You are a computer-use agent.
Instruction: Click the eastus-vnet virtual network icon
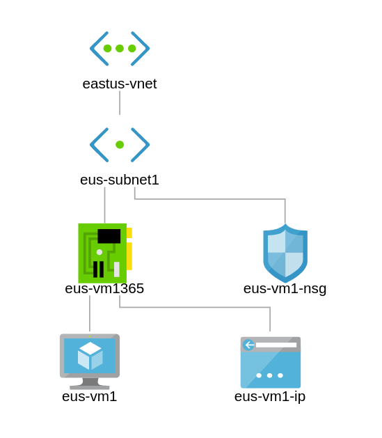click(120, 49)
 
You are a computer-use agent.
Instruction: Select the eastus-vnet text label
click(120, 84)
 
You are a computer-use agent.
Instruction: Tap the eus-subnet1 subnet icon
click(120, 145)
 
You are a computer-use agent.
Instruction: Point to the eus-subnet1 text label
click(120, 180)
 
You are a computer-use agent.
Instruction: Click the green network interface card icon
click(105, 253)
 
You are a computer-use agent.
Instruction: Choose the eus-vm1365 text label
click(104, 288)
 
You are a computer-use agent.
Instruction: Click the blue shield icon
click(285, 253)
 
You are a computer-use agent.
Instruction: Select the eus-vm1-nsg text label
click(285, 289)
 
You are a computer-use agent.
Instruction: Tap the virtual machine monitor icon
click(90, 361)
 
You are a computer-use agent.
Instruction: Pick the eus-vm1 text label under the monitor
click(89, 397)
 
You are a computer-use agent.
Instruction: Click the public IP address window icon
click(271, 362)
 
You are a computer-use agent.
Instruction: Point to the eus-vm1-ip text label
click(270, 397)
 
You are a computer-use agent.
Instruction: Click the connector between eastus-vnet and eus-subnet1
click(120, 103)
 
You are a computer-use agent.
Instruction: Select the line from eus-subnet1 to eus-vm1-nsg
click(210, 199)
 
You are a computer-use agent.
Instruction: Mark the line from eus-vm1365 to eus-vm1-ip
click(195, 307)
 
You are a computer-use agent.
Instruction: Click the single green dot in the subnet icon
click(120, 145)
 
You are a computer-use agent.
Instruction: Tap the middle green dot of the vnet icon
click(120, 48)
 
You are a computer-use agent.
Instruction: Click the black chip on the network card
click(109, 236)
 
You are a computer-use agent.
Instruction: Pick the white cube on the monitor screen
click(90, 355)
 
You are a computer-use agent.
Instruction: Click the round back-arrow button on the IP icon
click(248, 345)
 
